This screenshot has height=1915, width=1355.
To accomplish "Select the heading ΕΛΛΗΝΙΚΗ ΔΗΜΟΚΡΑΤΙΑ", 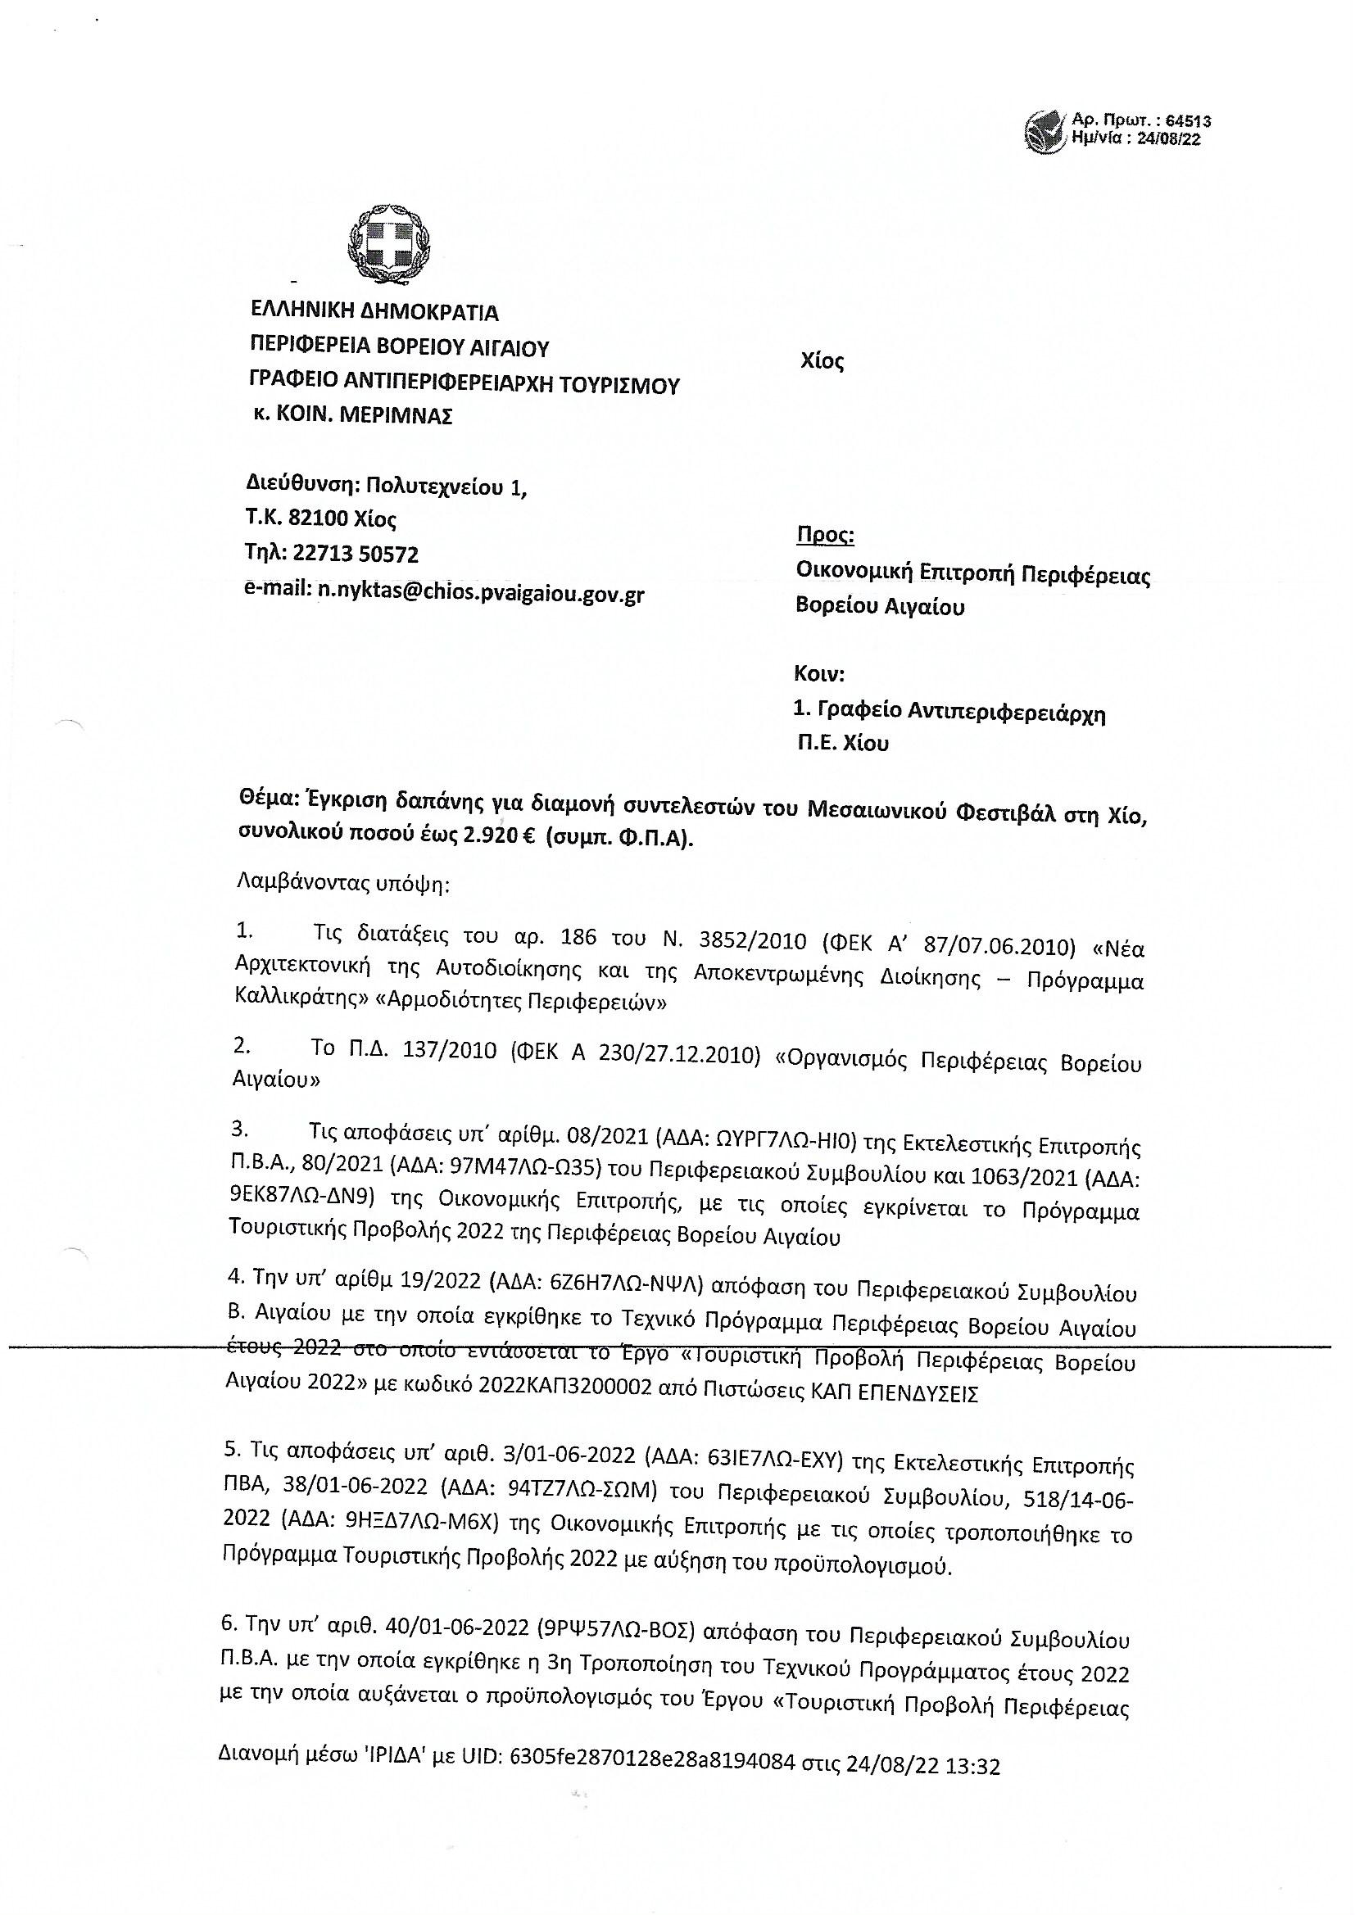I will tap(374, 312).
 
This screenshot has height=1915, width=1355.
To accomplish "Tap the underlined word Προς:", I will tap(825, 535).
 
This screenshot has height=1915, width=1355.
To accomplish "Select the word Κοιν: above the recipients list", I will tap(819, 673).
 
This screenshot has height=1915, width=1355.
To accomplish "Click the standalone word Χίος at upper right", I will tap(822, 361).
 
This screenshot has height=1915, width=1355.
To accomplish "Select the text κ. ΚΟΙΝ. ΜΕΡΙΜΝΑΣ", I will tap(353, 415).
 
